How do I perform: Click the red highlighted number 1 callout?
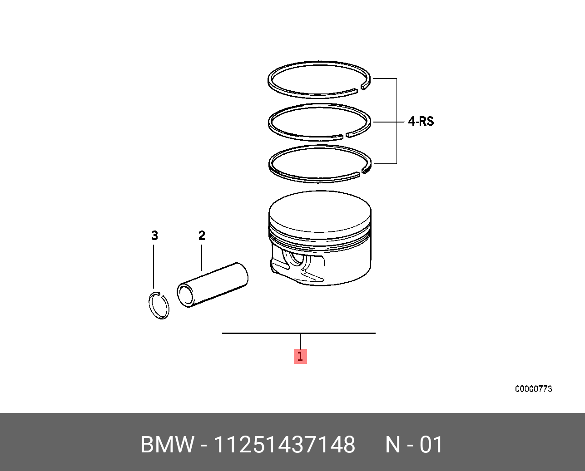[300, 356]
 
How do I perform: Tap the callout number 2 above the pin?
[201, 235]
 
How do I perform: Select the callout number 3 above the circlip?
[154, 235]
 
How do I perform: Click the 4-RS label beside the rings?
[421, 121]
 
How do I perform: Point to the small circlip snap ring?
[149, 305]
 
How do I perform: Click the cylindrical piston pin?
[212, 285]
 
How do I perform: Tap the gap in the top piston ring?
[359, 89]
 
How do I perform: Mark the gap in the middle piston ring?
[345, 136]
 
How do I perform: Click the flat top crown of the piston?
[320, 211]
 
